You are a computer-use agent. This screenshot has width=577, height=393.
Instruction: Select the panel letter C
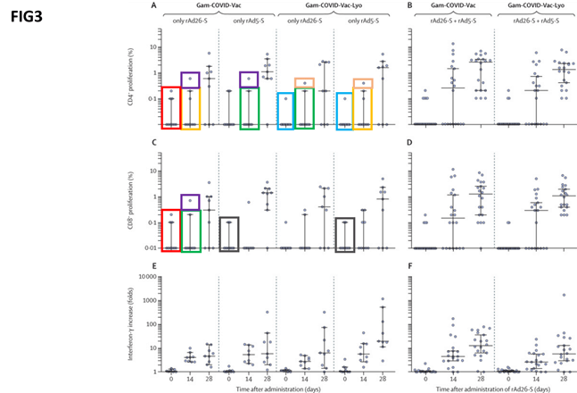pos(154,143)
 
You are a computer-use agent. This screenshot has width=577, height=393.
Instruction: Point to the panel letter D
pos(409,143)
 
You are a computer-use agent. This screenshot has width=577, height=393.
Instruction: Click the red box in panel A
pos(167,108)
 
